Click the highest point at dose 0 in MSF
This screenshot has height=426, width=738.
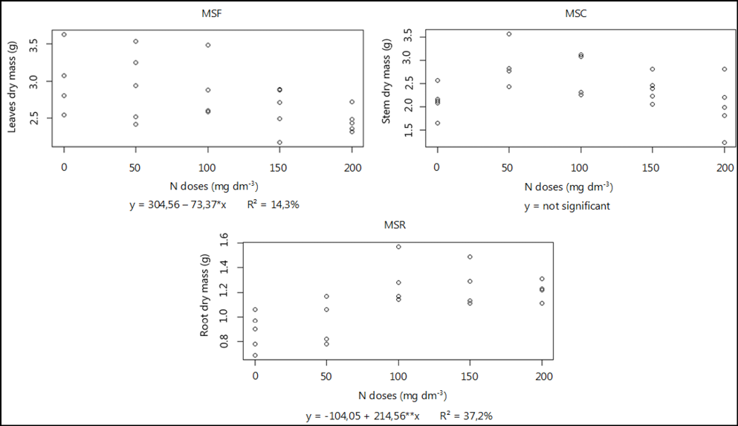click(64, 34)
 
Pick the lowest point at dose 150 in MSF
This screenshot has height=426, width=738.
click(279, 142)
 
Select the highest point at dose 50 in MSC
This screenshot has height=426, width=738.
click(509, 33)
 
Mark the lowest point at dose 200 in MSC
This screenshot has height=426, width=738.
click(724, 143)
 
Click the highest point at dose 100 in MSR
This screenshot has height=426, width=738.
click(398, 247)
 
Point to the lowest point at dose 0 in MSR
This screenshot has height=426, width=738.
click(255, 355)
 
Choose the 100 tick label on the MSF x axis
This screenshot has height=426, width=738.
click(208, 168)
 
